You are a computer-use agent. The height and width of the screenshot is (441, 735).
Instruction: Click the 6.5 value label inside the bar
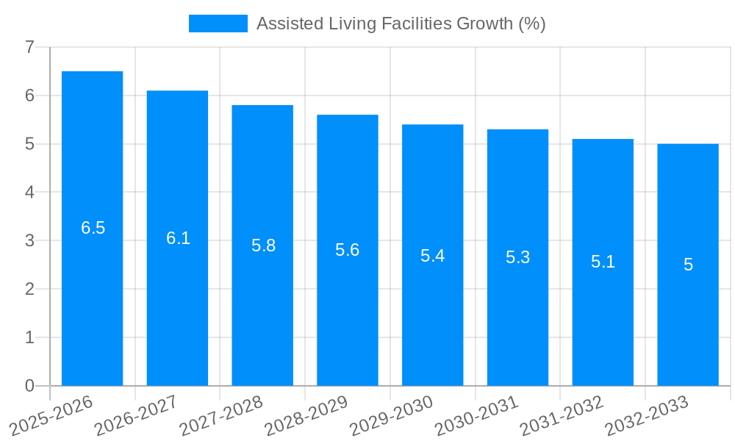pyautogui.click(x=93, y=228)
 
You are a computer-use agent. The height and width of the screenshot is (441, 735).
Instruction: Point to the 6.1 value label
pyautogui.click(x=178, y=238)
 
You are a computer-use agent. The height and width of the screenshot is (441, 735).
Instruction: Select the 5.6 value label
pyautogui.click(x=347, y=250)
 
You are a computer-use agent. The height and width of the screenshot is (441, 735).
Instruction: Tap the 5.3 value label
pyautogui.click(x=517, y=257)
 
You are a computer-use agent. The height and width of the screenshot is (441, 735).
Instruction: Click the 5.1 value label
pyautogui.click(x=603, y=262)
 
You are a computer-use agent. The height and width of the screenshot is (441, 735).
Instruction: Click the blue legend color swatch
pyautogui.click(x=218, y=24)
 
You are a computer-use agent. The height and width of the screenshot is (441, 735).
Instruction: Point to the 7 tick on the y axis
pyautogui.click(x=29, y=47)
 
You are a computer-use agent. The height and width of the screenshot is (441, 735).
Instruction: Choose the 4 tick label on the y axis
pyautogui.click(x=29, y=193)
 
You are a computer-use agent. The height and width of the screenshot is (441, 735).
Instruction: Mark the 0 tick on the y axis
pyautogui.click(x=29, y=386)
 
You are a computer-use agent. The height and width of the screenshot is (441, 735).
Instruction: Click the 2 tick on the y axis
pyautogui.click(x=29, y=289)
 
